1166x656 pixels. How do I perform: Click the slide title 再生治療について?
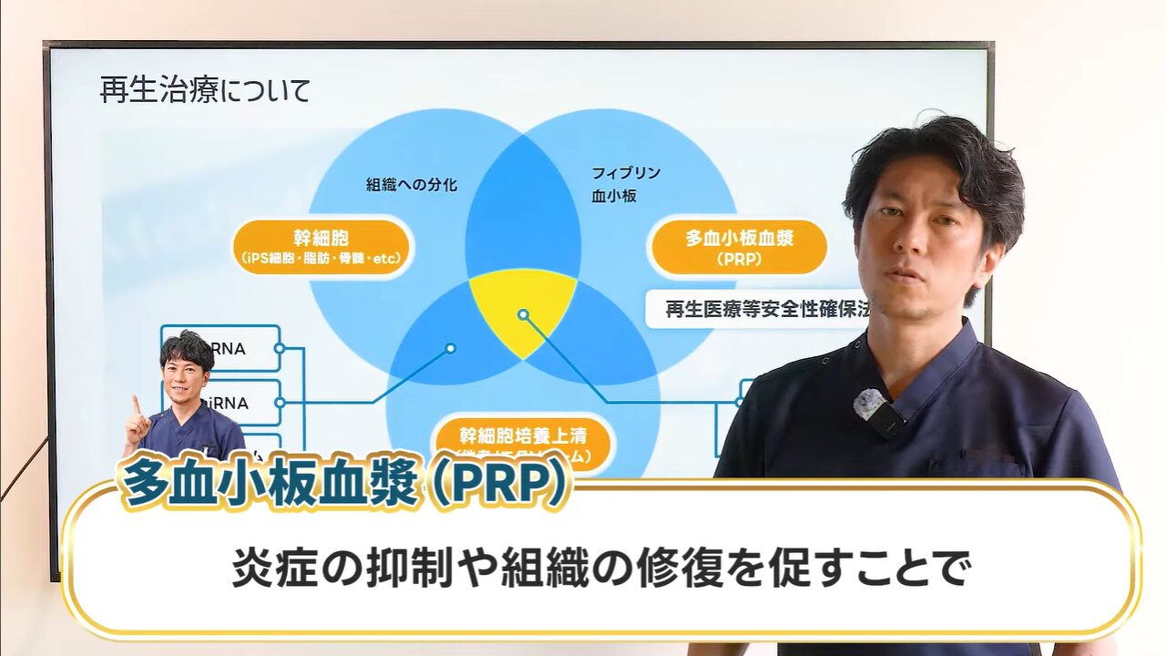pos(205,91)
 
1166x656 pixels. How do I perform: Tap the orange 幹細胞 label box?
pos(322,246)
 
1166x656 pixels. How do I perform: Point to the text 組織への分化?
pos(412,185)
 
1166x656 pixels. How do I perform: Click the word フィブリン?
pos(626,173)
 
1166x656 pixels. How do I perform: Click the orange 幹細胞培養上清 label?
pos(524,438)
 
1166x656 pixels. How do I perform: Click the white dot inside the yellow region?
pos(523,314)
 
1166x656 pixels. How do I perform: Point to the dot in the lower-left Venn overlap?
pos(450,347)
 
